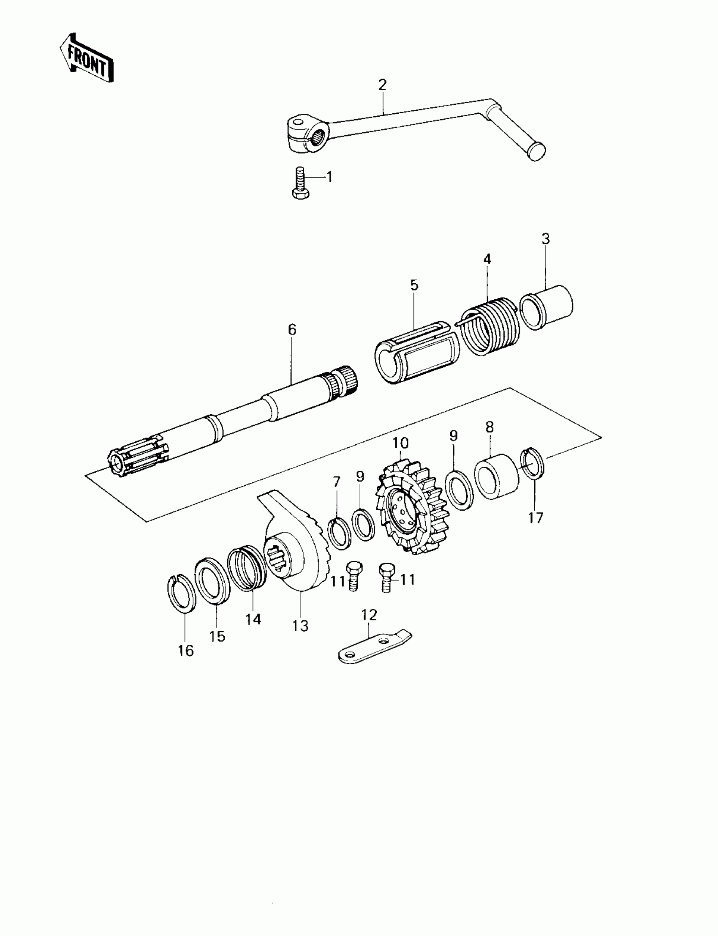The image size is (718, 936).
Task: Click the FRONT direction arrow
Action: (x=87, y=58)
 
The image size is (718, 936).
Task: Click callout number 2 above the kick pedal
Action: (x=382, y=84)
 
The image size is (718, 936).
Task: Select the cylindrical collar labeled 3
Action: (x=547, y=307)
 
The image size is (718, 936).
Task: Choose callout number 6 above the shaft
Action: (x=292, y=329)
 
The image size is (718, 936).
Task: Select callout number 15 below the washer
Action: (x=218, y=636)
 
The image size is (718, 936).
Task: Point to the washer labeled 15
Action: (x=212, y=580)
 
